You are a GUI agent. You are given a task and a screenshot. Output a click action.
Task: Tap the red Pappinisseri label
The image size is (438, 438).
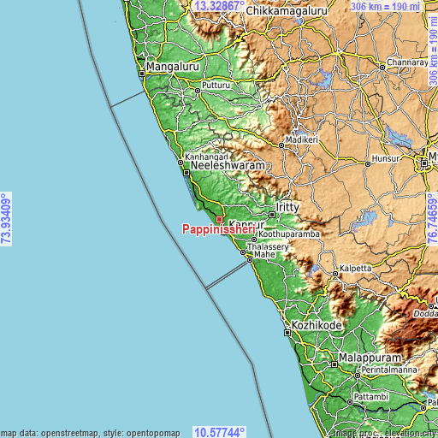(x=216, y=229)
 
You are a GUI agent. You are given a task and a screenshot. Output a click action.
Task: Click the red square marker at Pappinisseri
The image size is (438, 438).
(x=219, y=219)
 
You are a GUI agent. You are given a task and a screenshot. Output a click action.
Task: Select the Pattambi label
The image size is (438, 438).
(x=371, y=399)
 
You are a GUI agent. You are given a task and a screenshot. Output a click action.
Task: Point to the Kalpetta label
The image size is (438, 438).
(x=356, y=268)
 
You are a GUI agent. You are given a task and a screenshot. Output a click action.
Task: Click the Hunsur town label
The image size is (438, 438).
(x=382, y=158)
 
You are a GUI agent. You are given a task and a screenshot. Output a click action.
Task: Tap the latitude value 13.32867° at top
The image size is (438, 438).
(x=219, y=6)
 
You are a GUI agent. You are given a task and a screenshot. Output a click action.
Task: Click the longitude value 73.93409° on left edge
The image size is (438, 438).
(x=7, y=219)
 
